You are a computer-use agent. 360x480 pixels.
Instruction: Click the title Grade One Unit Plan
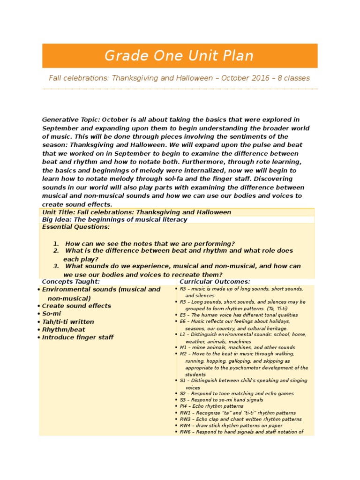(179, 56)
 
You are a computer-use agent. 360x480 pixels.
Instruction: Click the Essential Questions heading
(76, 227)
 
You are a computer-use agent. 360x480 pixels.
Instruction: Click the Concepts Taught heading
(71, 282)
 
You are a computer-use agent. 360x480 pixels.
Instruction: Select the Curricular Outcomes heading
(215, 282)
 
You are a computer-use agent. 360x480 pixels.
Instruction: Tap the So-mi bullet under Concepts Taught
(52, 314)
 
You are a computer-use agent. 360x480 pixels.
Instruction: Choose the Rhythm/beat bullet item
(64, 330)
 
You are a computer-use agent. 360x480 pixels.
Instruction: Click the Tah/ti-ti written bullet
(68, 322)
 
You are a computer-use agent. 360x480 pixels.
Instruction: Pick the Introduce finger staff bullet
(78, 337)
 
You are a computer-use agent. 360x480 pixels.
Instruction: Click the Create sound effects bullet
(76, 306)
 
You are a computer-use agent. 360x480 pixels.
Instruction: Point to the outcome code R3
(182, 289)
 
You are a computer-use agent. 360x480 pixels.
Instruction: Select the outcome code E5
(182, 315)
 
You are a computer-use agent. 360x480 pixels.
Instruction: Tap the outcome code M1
(183, 348)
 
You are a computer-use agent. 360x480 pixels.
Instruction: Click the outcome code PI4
(183, 406)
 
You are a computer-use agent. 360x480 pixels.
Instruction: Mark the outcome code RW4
(185, 426)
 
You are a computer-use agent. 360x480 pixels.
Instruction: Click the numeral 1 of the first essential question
(56, 244)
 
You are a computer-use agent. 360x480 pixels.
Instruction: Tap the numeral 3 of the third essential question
(56, 266)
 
